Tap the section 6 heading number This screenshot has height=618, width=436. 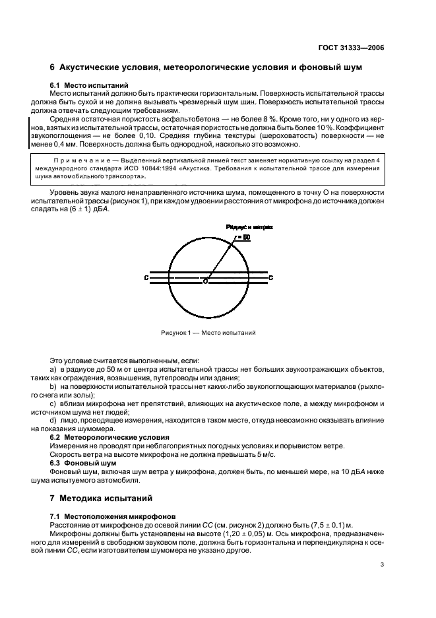[53, 68]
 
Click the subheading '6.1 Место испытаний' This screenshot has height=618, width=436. [89, 85]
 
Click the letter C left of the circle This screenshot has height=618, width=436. [146, 279]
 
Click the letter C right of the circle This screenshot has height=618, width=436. [271, 279]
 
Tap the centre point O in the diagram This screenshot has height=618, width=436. [205, 281]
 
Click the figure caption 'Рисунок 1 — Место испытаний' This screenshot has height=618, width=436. [208, 333]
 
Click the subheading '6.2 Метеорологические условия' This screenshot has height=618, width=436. [111, 437]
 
